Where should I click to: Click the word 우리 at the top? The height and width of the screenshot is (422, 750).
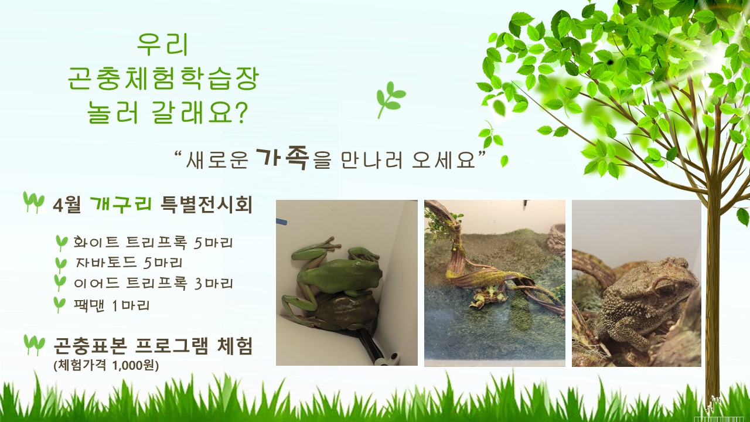(163, 44)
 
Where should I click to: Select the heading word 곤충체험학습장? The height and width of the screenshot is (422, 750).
(163, 79)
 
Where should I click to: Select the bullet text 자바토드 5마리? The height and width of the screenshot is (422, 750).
(129, 263)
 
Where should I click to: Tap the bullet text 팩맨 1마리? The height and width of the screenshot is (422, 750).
(112, 305)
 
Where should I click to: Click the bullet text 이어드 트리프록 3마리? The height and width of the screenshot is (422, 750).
(154, 284)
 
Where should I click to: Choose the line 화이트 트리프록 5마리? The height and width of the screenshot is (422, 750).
(154, 243)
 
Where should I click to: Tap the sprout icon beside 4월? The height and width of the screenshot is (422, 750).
(33, 203)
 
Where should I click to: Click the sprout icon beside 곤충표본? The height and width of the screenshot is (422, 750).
(34, 345)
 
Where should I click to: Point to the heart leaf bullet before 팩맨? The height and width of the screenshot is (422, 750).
(59, 304)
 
